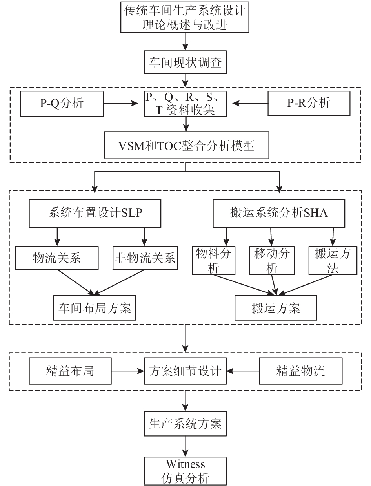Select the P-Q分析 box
click(62, 104)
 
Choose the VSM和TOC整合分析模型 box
click(185, 146)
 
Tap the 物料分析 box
click(214, 260)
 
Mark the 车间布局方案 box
click(94, 307)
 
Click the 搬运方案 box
click(276, 307)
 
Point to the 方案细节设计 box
click(185, 371)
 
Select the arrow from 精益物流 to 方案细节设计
click(244, 371)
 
